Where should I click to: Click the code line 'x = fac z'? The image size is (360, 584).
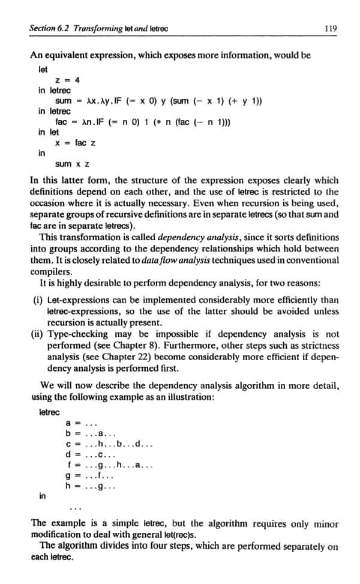74,143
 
